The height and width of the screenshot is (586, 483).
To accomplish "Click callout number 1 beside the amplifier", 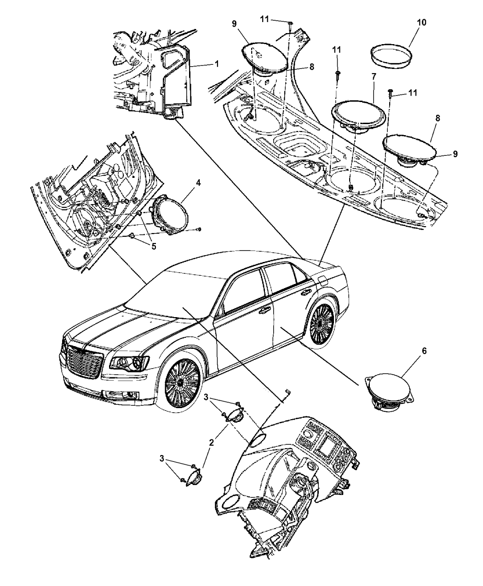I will (216, 64).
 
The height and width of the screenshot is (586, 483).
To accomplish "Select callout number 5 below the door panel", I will (154, 246).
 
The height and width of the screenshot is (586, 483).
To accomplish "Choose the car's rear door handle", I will (305, 293).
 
